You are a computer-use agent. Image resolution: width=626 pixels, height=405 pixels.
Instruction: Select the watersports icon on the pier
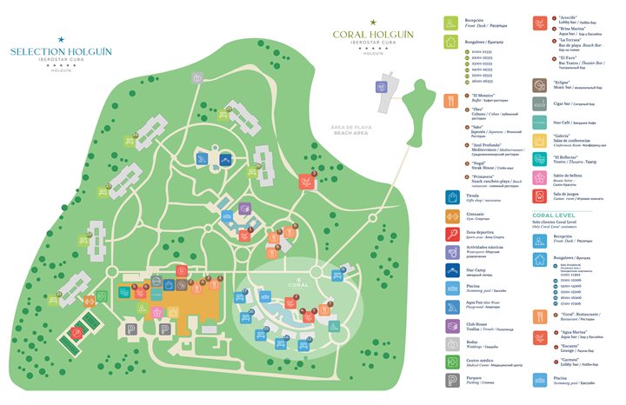coord(381,87)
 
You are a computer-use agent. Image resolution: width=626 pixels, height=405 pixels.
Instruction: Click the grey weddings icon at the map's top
coord(199,79)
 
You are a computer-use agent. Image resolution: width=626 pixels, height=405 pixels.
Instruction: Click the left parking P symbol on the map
coord(131,329)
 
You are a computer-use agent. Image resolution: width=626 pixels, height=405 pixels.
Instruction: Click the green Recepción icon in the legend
coord(450,23)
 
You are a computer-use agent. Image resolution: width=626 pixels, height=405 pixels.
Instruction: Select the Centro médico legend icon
coord(450,362)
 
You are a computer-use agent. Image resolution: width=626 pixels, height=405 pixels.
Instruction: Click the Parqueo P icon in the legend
coord(450,381)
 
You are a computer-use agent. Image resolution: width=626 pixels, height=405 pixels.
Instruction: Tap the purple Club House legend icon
coord(450,325)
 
